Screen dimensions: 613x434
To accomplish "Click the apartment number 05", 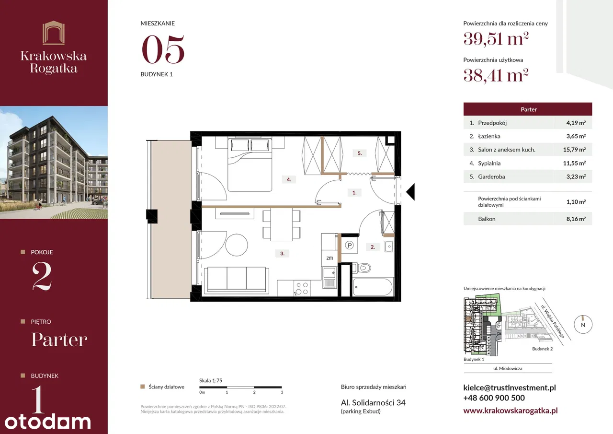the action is tap(163, 49).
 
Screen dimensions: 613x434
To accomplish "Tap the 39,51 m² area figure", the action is tap(496, 39).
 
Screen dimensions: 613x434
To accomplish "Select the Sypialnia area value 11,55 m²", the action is tap(574, 164).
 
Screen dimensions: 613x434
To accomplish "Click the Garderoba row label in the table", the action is tap(491, 177).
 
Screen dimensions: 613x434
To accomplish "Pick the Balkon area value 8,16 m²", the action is tap(576, 219).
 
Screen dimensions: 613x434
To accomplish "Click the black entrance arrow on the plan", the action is tap(410, 192).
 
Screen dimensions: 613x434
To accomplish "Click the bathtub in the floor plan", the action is tap(373, 287).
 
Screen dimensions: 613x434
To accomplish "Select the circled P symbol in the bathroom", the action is tap(350, 245).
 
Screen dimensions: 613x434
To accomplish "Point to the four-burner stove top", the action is tap(302, 288).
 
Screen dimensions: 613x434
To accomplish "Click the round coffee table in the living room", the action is tap(237, 245).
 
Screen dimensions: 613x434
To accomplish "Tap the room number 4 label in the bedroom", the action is tap(289, 179).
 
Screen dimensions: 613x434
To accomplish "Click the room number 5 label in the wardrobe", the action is tap(360, 153).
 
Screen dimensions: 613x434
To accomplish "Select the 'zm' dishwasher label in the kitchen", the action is tap(329, 258).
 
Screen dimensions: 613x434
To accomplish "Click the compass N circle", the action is tap(583, 324).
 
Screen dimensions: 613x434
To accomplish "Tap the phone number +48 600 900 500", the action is tap(494, 398).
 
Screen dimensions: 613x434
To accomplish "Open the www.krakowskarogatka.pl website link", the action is tap(511, 411).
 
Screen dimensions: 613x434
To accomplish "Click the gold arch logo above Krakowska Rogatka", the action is tap(54, 33).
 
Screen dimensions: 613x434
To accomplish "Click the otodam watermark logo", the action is tap(47, 422).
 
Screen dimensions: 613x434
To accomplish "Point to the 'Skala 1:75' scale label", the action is tap(211, 380).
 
